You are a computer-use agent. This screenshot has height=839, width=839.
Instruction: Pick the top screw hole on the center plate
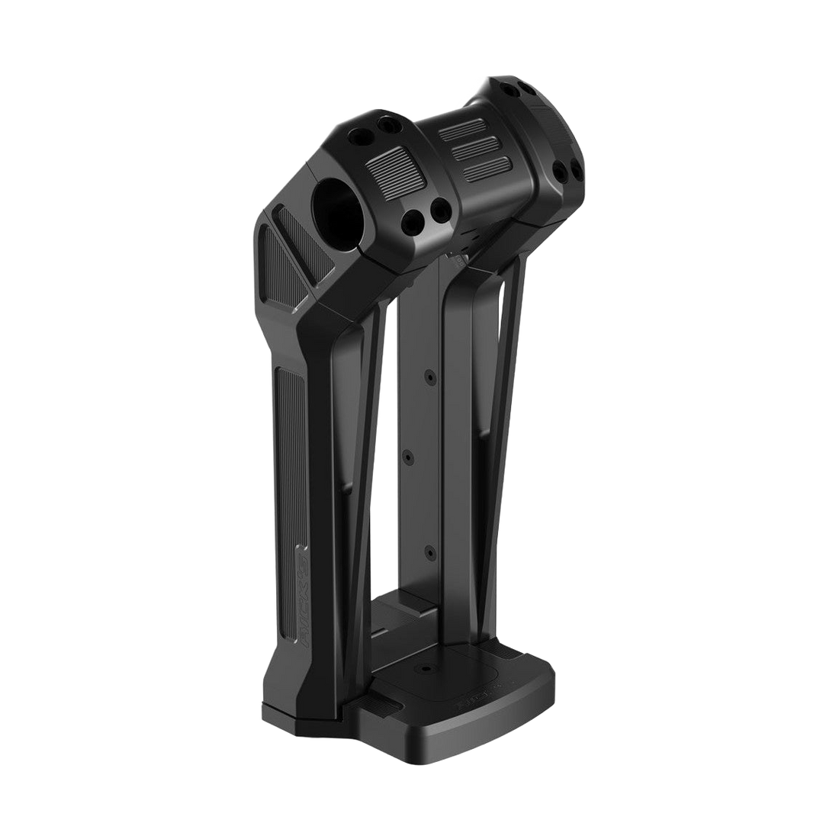pos(429,377)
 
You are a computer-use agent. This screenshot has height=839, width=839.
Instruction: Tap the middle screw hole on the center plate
pos(408,456)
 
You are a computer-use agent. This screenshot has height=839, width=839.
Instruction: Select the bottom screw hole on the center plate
pos(428,548)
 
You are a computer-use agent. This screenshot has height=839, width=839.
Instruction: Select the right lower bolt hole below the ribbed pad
pos(439,208)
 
